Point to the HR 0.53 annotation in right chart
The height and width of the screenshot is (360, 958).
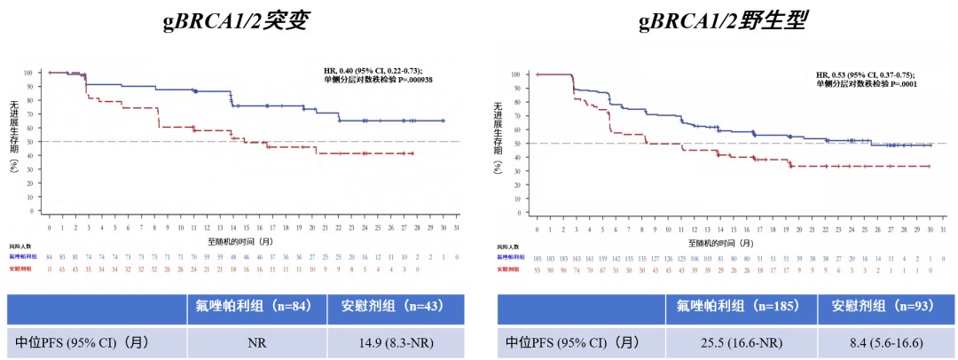click(865, 75)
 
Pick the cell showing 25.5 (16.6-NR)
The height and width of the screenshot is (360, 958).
click(742, 340)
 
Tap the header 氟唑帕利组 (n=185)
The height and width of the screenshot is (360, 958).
click(742, 307)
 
